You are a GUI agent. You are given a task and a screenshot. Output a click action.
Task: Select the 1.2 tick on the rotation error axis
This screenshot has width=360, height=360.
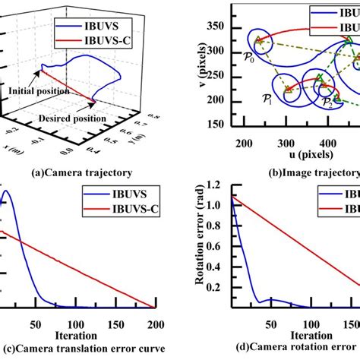pos(214,186)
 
